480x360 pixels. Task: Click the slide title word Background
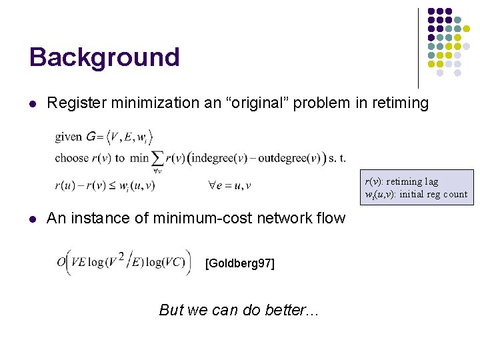104,58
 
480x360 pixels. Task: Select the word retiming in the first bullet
399,103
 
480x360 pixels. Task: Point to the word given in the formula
69,137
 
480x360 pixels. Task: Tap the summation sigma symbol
158,158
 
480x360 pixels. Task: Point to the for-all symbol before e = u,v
213,185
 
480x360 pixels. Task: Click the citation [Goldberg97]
239,263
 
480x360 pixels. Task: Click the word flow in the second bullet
332,218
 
